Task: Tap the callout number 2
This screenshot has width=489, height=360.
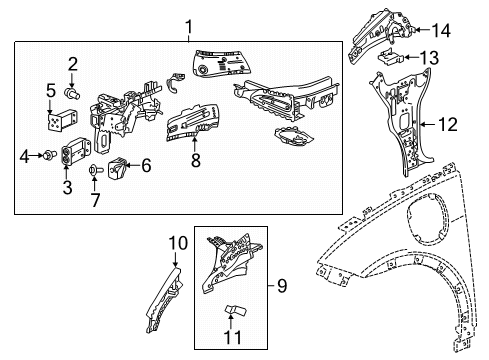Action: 72,65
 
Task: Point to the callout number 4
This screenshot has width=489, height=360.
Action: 24,154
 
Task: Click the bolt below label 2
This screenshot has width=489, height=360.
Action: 72,94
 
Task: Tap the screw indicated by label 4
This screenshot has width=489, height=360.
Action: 46,154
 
